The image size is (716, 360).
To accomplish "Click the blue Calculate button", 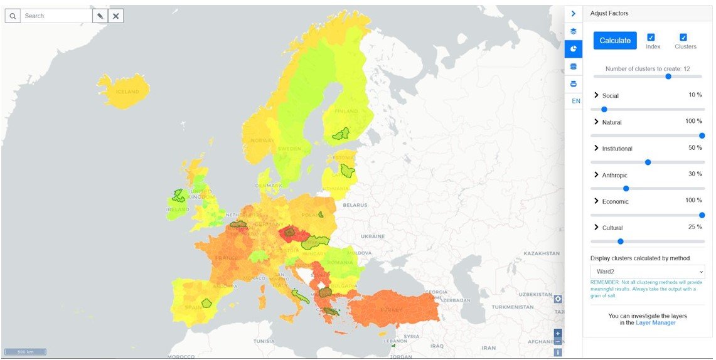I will (615, 41).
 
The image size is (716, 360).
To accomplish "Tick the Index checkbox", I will (651, 38).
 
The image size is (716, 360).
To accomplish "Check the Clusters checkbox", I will (683, 38).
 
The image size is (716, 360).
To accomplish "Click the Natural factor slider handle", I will (702, 135).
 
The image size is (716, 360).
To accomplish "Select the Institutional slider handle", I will (648, 162).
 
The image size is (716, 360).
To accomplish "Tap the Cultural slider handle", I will (620, 241).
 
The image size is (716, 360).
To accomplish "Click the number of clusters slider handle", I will (668, 77).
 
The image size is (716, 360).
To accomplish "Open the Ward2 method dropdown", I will (647, 272).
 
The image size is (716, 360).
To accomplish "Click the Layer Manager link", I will (656, 323).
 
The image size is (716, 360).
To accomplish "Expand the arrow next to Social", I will (597, 95).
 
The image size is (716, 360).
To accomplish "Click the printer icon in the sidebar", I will (574, 83).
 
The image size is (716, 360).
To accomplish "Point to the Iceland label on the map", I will (127, 92).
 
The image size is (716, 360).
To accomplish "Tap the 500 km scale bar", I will (25, 351).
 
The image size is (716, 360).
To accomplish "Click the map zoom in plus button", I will (558, 333).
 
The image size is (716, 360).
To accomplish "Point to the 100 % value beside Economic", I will (693, 200).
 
